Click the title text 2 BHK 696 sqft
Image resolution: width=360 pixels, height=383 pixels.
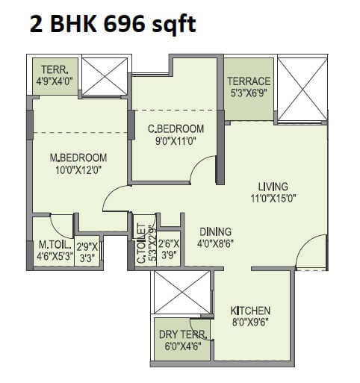(x=113, y=25)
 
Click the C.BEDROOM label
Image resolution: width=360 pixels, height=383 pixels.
(x=176, y=128)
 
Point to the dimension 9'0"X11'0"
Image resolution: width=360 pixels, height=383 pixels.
(x=176, y=140)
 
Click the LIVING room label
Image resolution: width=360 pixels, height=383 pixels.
(x=273, y=187)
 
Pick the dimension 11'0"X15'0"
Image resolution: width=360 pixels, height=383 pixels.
(x=273, y=199)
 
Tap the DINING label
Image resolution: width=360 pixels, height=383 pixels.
(x=215, y=231)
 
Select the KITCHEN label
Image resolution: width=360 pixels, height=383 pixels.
(x=250, y=311)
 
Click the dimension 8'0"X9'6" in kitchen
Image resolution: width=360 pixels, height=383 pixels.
(x=250, y=323)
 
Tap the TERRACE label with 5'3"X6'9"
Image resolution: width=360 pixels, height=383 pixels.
(x=249, y=81)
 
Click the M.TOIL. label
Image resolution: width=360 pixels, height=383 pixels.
(x=52, y=244)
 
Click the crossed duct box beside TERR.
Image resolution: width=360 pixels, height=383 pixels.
(x=105, y=76)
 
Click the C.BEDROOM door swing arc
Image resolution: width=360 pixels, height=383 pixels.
(x=203, y=172)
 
